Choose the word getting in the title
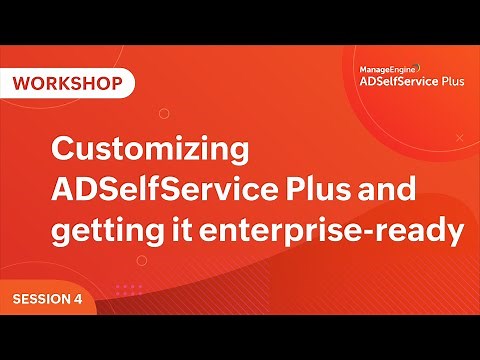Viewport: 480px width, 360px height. [x=105, y=232]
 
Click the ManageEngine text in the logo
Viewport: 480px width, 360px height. [x=385, y=71]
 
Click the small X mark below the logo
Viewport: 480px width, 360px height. [x=459, y=137]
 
